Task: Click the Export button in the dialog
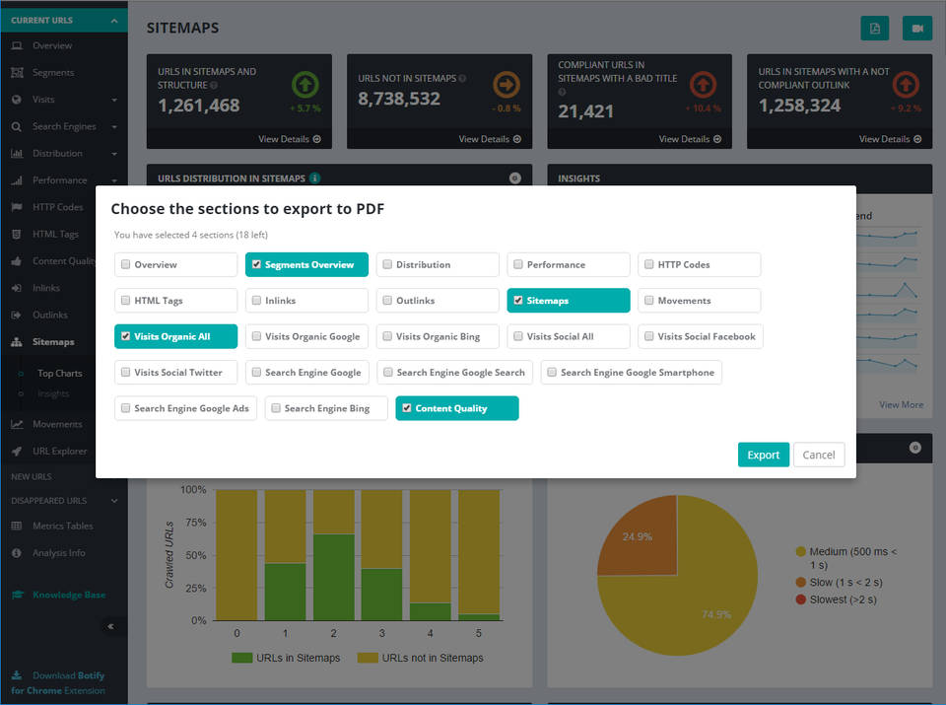tap(763, 455)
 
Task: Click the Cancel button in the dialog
tap(819, 455)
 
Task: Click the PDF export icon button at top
tap(874, 28)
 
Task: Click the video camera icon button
tap(916, 28)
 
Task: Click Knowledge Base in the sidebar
tap(68, 595)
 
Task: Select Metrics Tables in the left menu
tap(62, 526)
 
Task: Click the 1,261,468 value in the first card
tap(199, 106)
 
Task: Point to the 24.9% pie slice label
tap(636, 536)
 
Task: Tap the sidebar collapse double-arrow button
tap(110, 626)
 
